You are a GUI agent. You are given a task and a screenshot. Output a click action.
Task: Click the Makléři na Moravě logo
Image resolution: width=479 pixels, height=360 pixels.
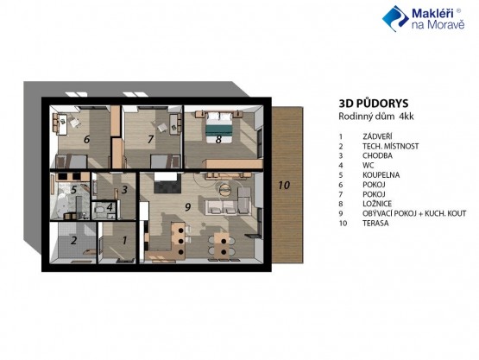pos(424,18)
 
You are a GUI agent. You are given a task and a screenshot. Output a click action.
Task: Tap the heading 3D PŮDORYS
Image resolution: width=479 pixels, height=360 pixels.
pos(374,104)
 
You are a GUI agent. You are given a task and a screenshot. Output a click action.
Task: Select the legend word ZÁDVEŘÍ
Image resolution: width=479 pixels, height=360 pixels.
pos(377,136)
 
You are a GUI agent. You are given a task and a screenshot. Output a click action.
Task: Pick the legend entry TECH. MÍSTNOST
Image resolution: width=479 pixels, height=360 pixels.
pos(390,147)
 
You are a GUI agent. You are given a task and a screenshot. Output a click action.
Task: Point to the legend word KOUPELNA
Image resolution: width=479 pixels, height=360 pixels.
pos(381,175)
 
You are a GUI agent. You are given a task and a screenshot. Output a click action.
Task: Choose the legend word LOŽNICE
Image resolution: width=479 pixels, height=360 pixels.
pos(377,204)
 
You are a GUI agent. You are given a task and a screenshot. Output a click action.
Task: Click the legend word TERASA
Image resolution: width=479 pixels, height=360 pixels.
pos(375,223)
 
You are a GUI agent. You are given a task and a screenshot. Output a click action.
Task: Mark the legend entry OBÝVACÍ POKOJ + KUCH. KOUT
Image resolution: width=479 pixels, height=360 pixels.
pos(414,213)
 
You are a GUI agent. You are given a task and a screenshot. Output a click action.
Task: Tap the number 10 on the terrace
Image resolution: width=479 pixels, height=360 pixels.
pos(284,186)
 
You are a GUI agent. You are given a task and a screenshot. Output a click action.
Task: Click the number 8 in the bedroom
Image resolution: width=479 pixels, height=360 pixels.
pos(218,140)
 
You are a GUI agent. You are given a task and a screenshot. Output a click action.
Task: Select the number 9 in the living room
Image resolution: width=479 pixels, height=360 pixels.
pos(188,207)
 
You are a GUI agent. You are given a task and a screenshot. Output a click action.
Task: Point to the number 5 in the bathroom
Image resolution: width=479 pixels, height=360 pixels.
pos(73,190)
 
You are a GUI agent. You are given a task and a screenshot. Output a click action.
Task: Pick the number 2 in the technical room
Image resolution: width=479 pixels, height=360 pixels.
pos(73,241)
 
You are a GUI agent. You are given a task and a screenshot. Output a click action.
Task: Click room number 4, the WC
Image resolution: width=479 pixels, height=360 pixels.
pos(110,207)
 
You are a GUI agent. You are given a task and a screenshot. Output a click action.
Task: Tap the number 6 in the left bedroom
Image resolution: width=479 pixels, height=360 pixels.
pos(87,140)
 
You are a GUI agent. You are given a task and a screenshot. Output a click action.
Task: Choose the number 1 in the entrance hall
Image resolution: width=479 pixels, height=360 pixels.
pos(124,241)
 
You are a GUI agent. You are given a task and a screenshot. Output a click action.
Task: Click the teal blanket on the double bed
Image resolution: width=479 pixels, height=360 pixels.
pos(218,129)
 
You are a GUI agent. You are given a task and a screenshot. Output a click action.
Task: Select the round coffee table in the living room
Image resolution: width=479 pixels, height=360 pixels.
pos(225,189)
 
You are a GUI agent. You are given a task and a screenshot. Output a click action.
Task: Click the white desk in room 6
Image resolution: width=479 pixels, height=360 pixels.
pos(63,124)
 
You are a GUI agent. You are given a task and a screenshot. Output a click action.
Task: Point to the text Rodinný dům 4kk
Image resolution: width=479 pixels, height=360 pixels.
pos(376,117)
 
